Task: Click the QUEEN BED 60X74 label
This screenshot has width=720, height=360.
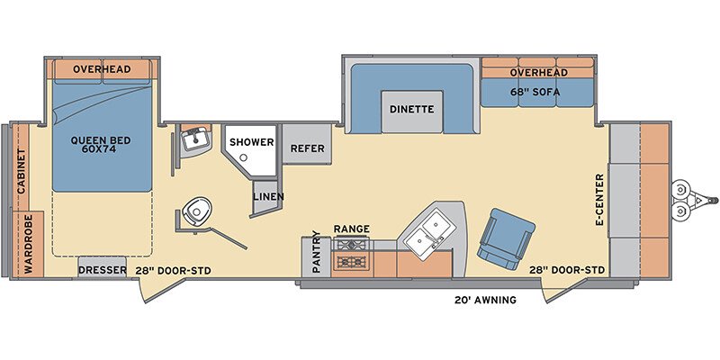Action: point(101,144)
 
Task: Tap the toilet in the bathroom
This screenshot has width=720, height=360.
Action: point(196,211)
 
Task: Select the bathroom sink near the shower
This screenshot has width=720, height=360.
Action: point(195,139)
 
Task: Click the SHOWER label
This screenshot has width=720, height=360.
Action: point(252,142)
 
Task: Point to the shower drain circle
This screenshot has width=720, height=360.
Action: point(244,157)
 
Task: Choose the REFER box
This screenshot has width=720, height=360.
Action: point(307,144)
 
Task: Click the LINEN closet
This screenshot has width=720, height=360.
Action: point(267,197)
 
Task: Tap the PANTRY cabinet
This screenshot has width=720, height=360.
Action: point(316,257)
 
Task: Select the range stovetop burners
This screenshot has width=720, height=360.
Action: point(352,253)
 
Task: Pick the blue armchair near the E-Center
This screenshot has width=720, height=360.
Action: point(506,238)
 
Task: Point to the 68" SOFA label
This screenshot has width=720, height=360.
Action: point(535,92)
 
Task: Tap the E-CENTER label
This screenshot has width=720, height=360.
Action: point(599,200)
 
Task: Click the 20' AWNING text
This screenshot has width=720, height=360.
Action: point(485,301)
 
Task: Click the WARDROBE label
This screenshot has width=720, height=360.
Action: point(29,244)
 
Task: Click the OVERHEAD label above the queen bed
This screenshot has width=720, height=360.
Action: point(102,69)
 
